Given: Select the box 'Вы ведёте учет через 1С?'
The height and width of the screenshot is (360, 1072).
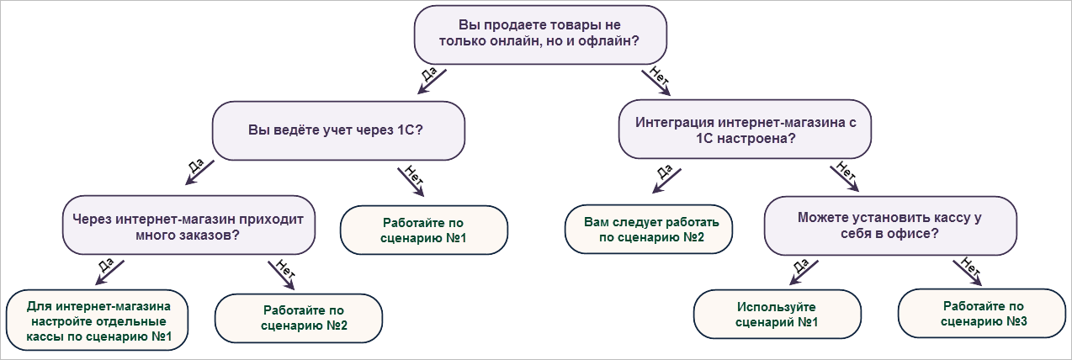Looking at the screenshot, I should tap(338, 130).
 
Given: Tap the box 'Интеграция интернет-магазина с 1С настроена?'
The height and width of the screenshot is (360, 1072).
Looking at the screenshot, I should tap(746, 130).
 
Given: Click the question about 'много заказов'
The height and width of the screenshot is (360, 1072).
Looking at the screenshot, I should tap(188, 226).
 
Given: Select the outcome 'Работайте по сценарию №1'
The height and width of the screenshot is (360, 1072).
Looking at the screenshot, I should tap(424, 230).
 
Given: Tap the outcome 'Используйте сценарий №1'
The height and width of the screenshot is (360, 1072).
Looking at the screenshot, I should tap(777, 315).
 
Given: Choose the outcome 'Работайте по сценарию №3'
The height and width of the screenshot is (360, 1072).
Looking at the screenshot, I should tap(983, 314).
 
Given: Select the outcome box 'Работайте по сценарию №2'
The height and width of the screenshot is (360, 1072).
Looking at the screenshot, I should tap(299, 317).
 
